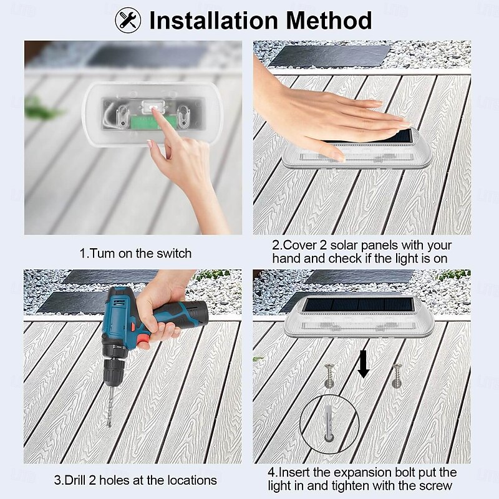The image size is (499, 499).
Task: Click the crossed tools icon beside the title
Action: click(x=128, y=20)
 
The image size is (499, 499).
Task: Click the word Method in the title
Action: click(x=329, y=21)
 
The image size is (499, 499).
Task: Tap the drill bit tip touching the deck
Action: click(x=110, y=425)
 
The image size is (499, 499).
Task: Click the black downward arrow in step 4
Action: click(x=363, y=364)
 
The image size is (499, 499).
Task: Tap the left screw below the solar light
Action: click(x=330, y=375)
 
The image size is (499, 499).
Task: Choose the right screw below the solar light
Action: click(x=397, y=375)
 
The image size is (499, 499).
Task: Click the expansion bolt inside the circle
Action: click(x=329, y=419)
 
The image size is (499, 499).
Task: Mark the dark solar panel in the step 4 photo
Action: click(x=358, y=304)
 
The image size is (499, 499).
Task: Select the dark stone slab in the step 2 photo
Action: click(x=329, y=56)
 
